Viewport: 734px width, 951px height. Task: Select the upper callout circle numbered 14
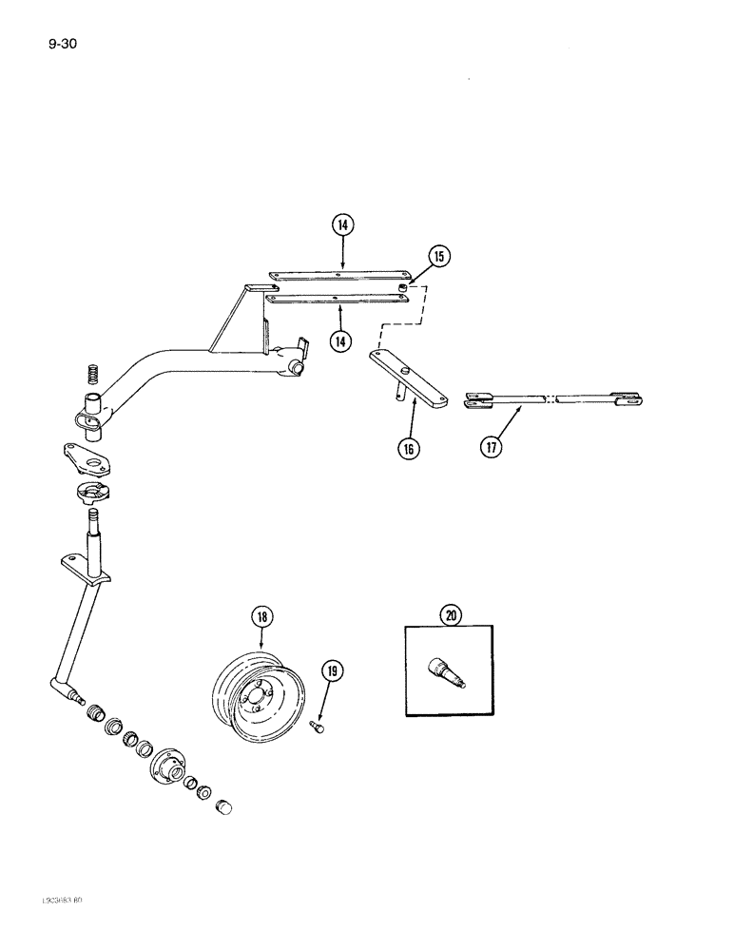342,225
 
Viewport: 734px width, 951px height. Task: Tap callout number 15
439,256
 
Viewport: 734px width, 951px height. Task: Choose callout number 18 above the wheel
262,617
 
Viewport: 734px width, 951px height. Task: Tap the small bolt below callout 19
318,728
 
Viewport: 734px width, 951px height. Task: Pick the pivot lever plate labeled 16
409,377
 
